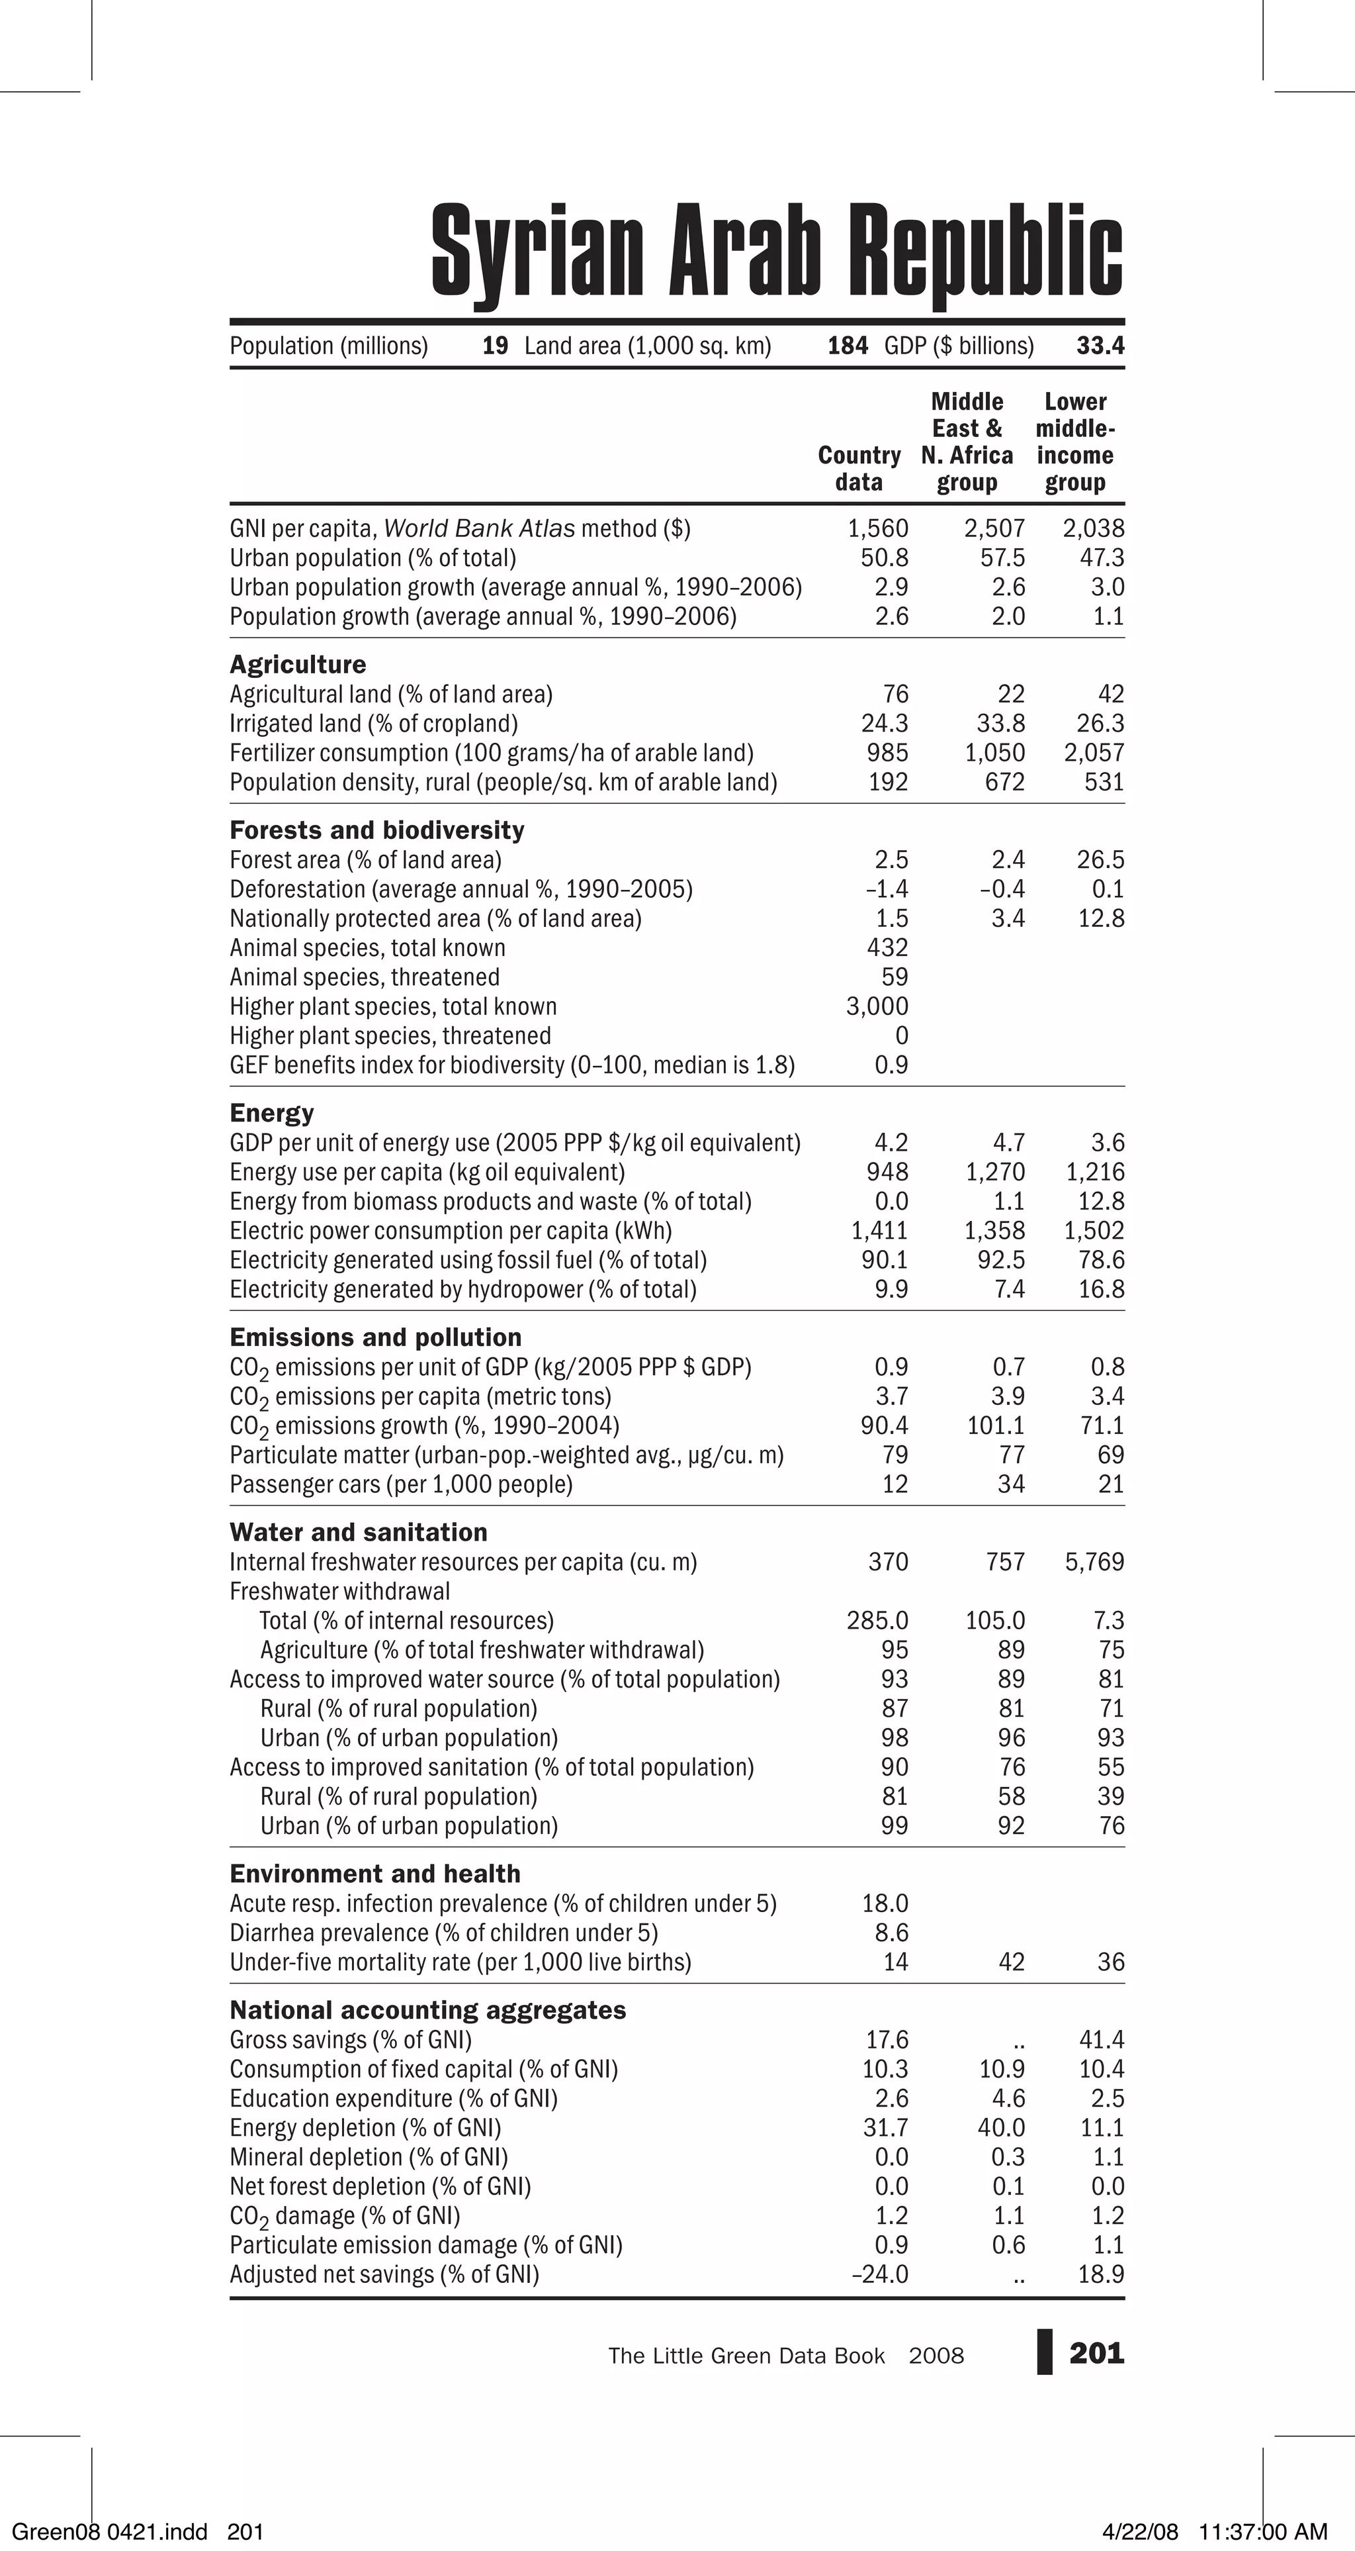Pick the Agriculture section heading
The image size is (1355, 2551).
coord(298,665)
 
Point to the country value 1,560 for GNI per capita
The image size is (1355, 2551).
coord(878,529)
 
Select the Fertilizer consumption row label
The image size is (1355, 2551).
coord(491,753)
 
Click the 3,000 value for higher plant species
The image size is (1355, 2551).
coord(877,1006)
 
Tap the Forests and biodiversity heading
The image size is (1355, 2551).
coord(377,830)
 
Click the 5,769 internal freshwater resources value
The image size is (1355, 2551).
coord(1095,1562)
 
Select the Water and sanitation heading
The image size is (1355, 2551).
coord(359,1532)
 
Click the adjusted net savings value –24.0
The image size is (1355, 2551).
coord(880,2274)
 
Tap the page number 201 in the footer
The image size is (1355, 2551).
coord(1097,2353)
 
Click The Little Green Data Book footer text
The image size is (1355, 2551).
coord(746,2356)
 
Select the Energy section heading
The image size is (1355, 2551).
coord(272,1113)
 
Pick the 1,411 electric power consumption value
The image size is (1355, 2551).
coord(879,1231)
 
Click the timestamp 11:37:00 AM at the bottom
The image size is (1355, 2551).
coord(1262,2532)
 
